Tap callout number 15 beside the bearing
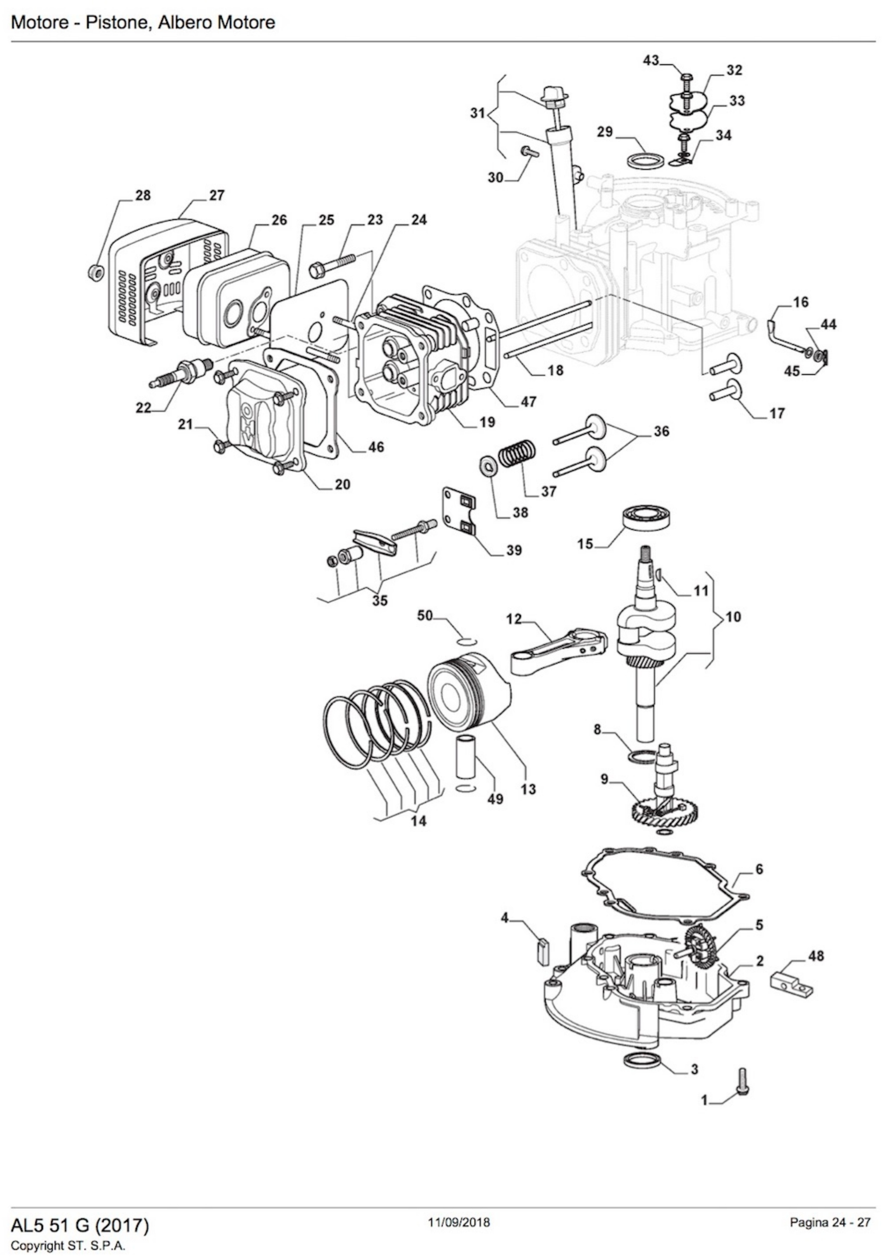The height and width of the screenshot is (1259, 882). (585, 544)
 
